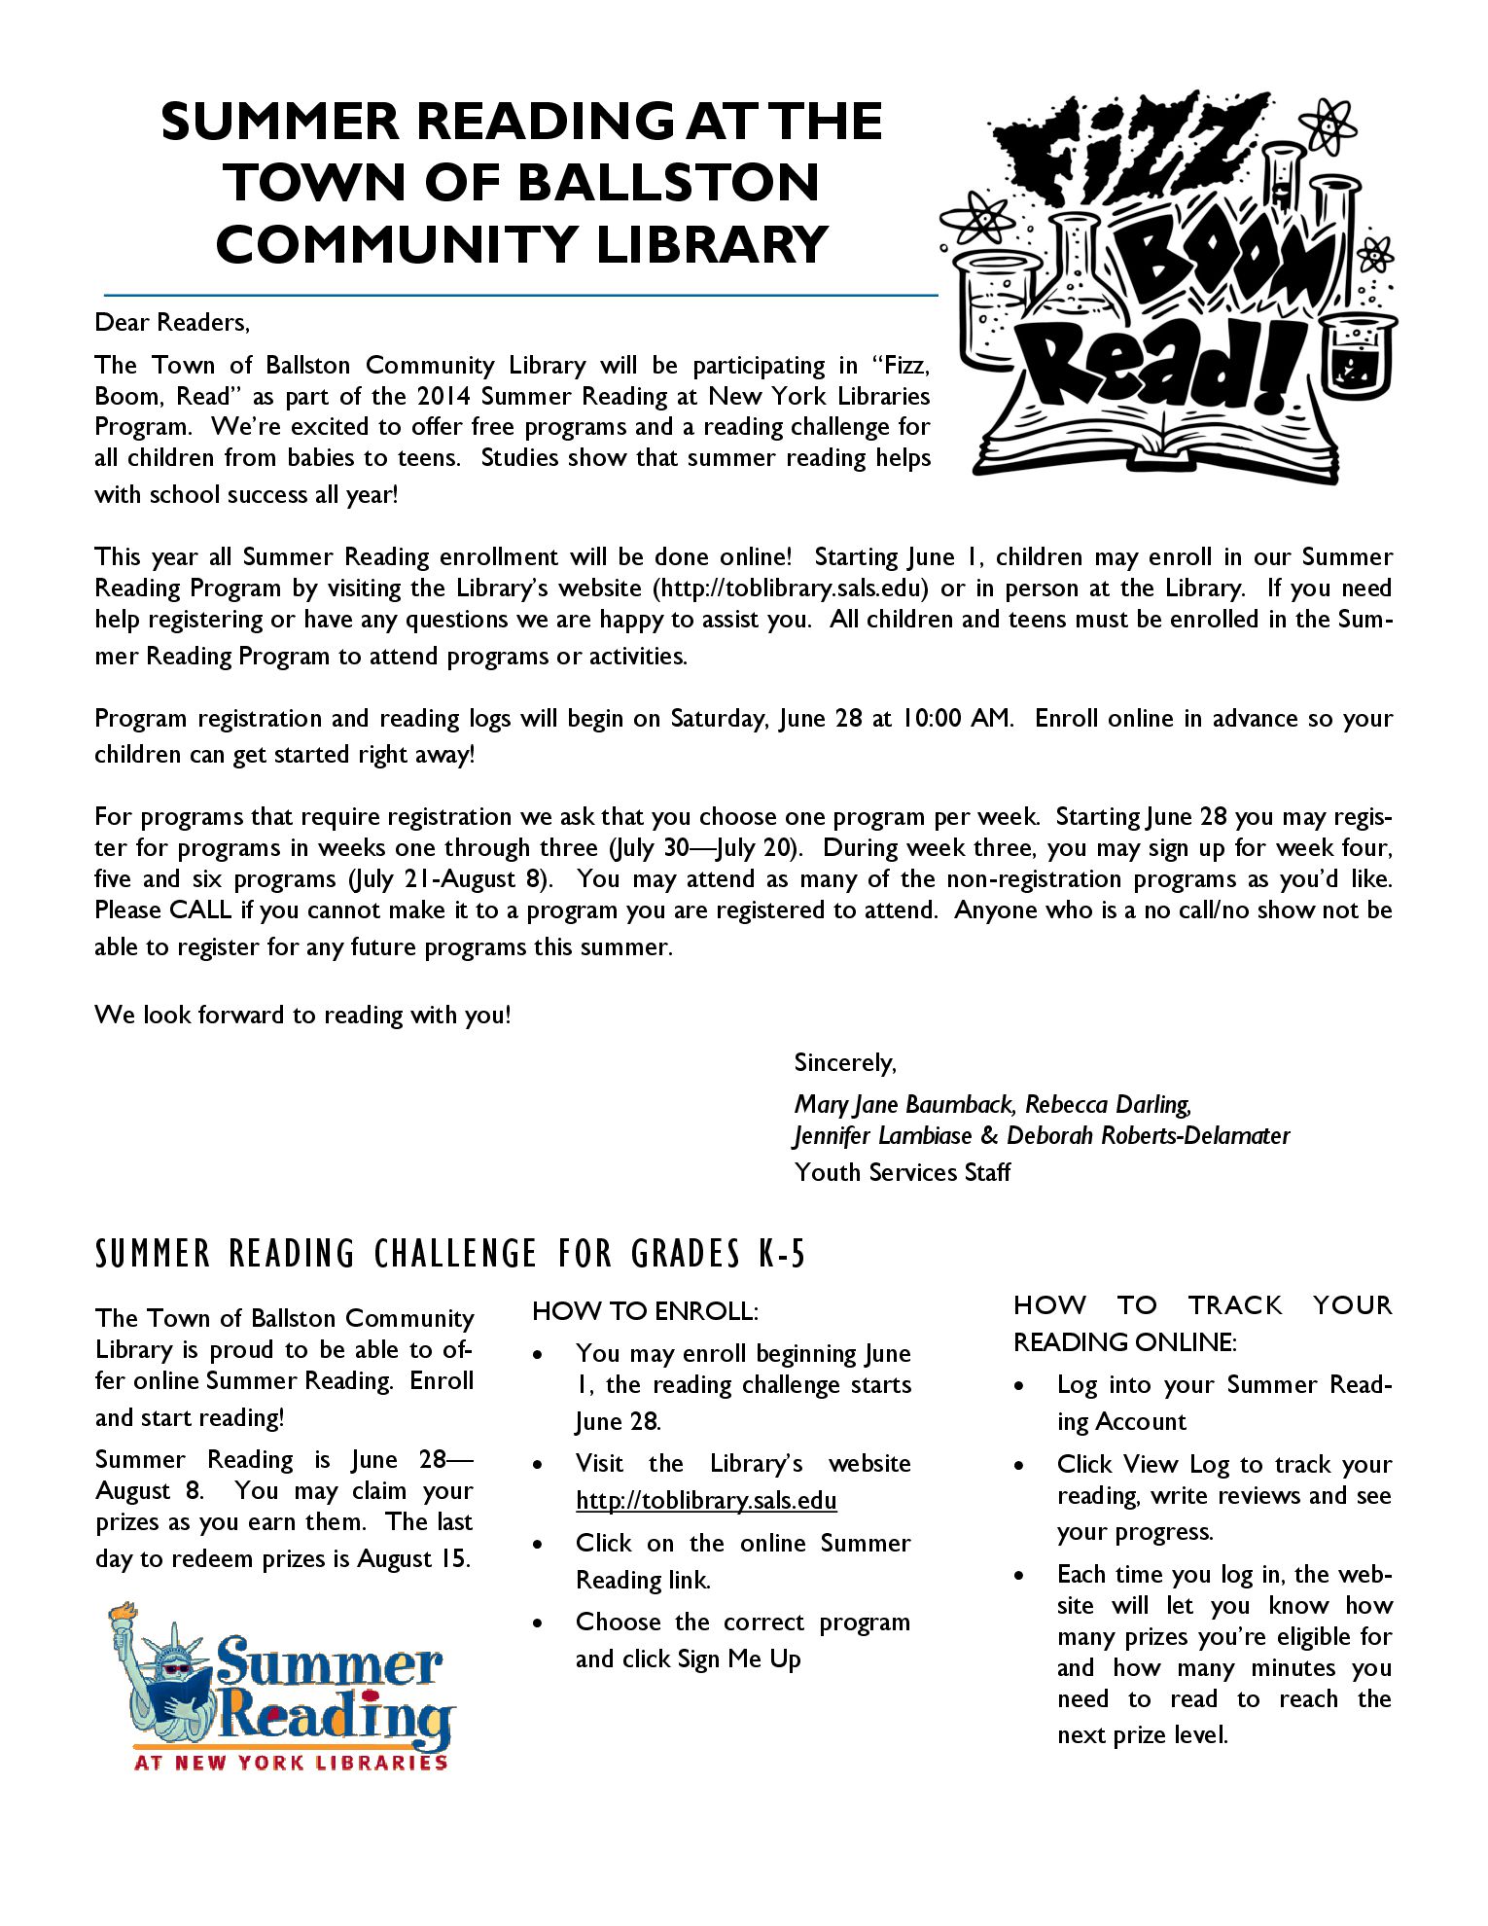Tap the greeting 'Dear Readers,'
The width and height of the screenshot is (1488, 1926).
point(172,322)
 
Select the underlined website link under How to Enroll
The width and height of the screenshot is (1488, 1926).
point(706,1501)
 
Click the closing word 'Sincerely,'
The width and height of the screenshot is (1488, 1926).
point(844,1062)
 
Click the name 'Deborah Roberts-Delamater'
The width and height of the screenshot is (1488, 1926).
point(1148,1135)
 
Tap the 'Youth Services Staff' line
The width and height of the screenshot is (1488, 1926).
point(903,1172)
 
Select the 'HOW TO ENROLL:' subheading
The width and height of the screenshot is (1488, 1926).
point(645,1311)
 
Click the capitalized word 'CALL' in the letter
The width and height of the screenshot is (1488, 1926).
point(200,910)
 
